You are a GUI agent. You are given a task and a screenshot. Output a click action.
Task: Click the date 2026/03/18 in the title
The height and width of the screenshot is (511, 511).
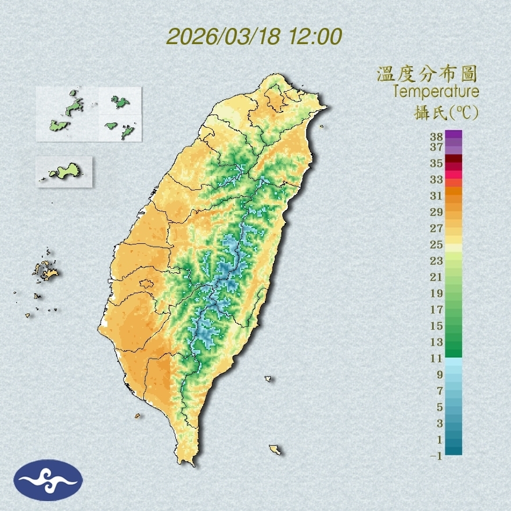pos(224,37)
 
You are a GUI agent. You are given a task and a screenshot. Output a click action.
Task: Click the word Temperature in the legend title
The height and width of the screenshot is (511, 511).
pos(436,92)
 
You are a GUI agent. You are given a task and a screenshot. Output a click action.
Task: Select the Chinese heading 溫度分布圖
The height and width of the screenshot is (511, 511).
pos(427,74)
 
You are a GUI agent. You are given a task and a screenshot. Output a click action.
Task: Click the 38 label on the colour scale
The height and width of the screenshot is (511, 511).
pos(437,137)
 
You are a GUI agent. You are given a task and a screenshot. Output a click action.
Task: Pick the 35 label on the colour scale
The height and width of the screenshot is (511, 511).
pos(437,163)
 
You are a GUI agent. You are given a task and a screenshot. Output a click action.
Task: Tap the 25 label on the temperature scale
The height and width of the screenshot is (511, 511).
pos(437,244)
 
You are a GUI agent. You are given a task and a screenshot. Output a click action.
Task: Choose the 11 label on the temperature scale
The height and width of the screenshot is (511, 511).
pos(437,358)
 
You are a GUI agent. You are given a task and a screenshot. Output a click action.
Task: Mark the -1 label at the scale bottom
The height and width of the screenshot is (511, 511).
pos(436,456)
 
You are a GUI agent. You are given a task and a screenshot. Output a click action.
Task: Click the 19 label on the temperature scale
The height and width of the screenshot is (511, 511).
pos(437,293)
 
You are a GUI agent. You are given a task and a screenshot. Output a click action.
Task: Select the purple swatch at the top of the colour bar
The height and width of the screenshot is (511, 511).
pos(454,135)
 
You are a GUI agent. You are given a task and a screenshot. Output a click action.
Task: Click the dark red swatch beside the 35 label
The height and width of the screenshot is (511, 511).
pos(454,159)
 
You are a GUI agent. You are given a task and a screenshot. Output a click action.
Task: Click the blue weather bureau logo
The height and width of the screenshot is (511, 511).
pos(48,480)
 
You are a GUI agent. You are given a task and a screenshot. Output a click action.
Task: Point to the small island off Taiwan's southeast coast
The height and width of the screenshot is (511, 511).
pos(276,449)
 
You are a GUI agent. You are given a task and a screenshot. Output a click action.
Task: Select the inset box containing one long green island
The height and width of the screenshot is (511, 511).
pos(64,171)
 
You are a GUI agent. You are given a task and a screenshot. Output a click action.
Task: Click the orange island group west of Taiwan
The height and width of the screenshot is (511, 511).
pos(45,270)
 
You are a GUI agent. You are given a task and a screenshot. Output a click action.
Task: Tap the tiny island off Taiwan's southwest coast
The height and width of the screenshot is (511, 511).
pos(138,416)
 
